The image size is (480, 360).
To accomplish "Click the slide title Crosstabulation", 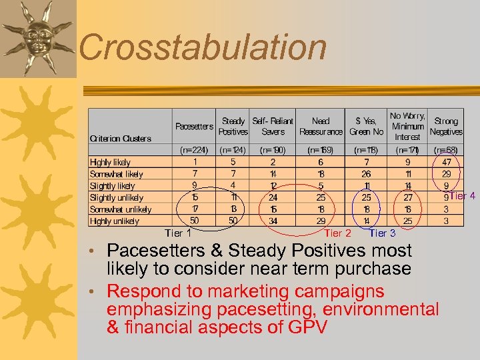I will coord(203,48).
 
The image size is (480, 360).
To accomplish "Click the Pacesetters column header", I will coord(194,126).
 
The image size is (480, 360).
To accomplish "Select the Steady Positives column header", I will coord(233,126).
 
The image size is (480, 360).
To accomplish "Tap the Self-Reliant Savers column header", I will coord(272,126).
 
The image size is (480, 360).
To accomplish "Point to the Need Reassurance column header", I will coord(320,126).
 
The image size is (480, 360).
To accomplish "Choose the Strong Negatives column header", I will coord(445,126).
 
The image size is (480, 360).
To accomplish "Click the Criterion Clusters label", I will coord(121,139).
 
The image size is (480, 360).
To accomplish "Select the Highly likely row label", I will coord(111,162).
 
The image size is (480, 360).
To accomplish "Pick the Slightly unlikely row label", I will coord(117,197).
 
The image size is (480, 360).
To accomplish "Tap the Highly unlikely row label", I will coord(115,221).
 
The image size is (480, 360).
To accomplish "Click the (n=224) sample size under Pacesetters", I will coord(194,150).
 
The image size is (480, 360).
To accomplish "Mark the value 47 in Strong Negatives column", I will coord(446,162).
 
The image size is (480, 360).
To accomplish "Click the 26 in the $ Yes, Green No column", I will coord(366,174).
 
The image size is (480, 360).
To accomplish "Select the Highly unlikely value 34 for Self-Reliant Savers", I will coord(273,221).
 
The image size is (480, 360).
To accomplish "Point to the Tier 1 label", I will coord(178,233).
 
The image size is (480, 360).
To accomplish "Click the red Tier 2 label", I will coord(337,233).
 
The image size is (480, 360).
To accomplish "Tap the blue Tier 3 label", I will coord(383,233).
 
